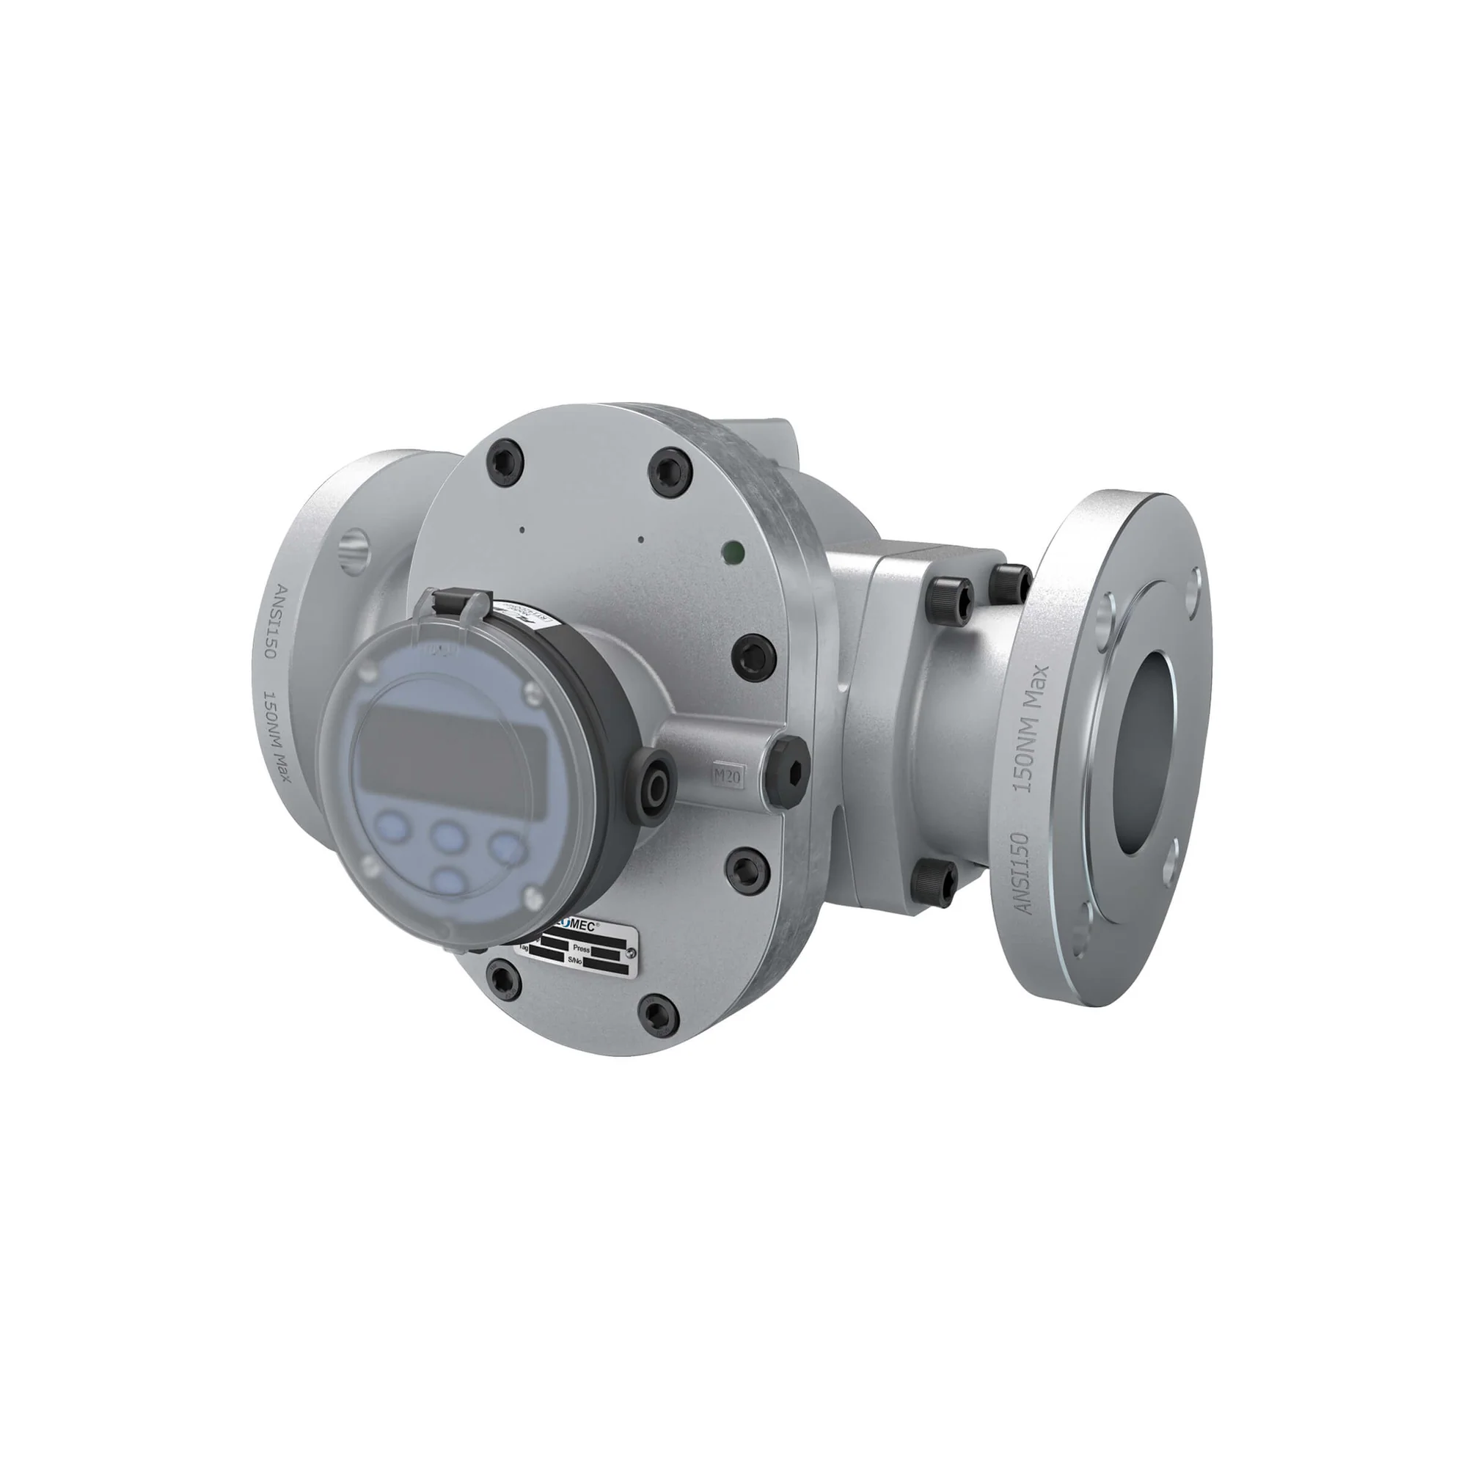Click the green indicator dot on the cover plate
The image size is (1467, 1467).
[x=733, y=549]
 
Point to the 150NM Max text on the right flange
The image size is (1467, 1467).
[x=1034, y=729]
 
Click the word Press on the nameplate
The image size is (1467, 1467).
[x=582, y=948]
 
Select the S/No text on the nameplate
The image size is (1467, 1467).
[x=575, y=961]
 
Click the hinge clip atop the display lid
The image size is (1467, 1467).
[x=455, y=602]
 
